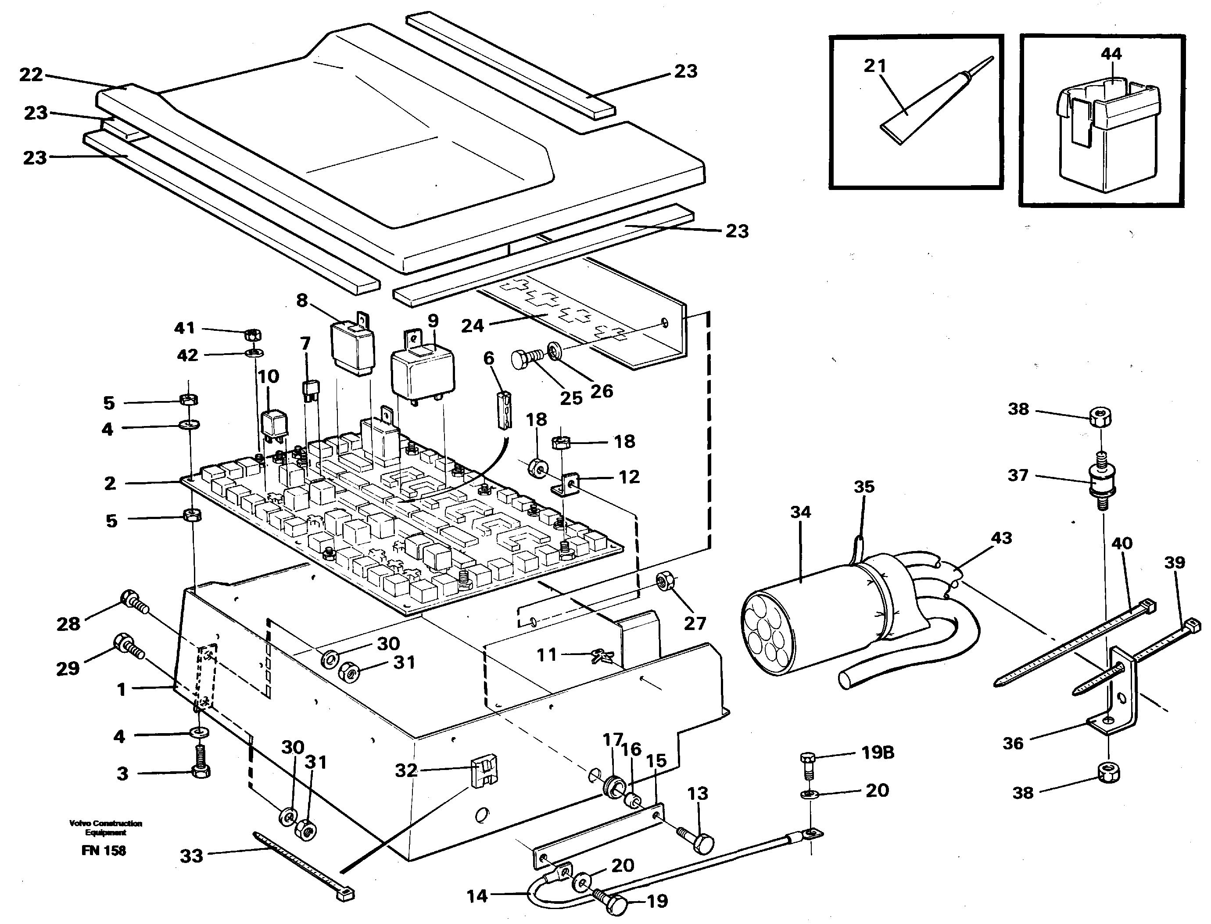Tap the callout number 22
point(30,75)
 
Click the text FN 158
point(104,851)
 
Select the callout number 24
point(472,326)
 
